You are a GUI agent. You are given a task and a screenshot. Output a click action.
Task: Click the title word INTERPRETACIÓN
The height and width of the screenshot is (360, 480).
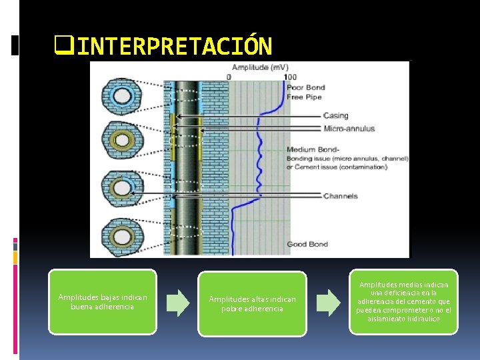pyautogui.click(x=179, y=47)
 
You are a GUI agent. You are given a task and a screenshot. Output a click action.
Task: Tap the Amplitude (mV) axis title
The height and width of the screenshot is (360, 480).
pyautogui.click(x=260, y=67)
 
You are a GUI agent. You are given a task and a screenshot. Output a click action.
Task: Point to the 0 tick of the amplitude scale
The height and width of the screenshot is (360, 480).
pyautogui.click(x=229, y=77)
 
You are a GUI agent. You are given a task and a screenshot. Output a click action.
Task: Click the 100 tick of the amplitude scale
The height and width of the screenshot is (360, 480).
pyautogui.click(x=291, y=77)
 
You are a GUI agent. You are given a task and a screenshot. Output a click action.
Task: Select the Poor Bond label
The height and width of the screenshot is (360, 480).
pyautogui.click(x=307, y=87)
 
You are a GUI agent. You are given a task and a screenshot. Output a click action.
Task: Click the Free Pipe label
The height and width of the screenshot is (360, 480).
pyautogui.click(x=305, y=97)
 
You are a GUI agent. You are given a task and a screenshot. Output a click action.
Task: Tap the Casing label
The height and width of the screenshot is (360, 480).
pyautogui.click(x=335, y=116)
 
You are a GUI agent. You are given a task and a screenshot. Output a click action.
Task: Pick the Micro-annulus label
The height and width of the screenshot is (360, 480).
pyautogui.click(x=349, y=129)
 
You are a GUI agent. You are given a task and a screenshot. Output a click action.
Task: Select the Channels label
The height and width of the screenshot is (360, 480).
pyautogui.click(x=340, y=196)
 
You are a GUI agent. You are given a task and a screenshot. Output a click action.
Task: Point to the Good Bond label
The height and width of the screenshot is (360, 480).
pyautogui.click(x=307, y=244)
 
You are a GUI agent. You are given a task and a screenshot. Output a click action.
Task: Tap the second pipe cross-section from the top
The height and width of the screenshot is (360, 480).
pyautogui.click(x=121, y=141)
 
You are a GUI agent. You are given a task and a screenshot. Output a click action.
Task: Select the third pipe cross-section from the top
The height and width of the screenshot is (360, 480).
pyautogui.click(x=121, y=189)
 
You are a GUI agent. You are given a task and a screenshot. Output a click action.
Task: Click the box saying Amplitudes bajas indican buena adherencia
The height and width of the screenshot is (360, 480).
pyautogui.click(x=103, y=302)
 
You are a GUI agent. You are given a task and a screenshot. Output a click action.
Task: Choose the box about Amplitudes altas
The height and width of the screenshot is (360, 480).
pyautogui.click(x=252, y=303)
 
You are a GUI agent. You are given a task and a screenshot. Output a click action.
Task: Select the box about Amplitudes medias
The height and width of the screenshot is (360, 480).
pyautogui.click(x=403, y=302)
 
